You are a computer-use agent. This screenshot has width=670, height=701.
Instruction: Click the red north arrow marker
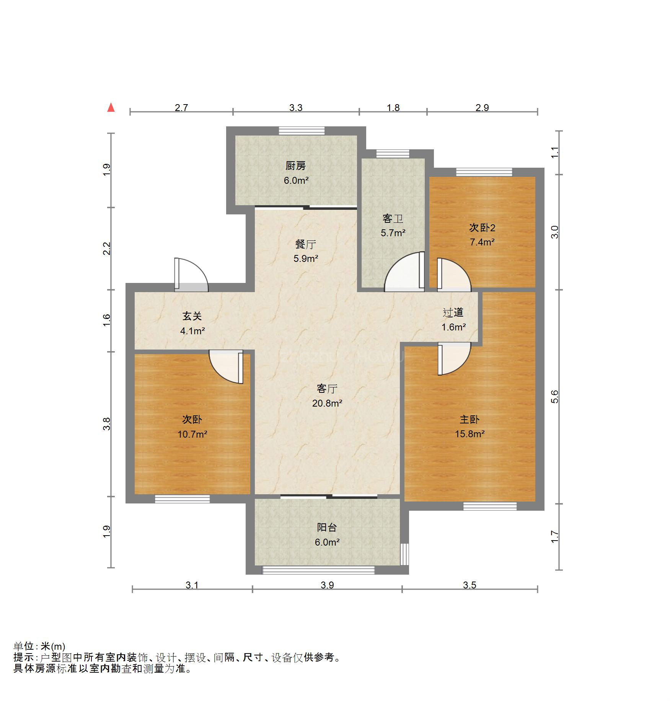[111, 108]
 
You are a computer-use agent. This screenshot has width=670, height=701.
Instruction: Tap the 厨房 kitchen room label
[295, 166]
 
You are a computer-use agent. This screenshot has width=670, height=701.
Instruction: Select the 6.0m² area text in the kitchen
[296, 180]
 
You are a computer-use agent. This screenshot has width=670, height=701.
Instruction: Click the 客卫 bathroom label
[393, 219]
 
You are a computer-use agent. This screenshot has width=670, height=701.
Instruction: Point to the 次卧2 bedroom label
[482, 228]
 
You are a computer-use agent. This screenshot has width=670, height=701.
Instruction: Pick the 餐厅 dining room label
[305, 244]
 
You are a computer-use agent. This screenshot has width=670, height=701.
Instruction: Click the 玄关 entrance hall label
[192, 316]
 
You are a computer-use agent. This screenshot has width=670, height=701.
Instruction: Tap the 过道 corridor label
[453, 312]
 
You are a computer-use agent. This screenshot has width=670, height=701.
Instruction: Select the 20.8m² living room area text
[327, 403]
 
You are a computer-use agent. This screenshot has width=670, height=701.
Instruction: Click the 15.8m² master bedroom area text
[469, 434]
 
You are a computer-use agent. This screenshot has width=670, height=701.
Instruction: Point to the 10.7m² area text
[192, 434]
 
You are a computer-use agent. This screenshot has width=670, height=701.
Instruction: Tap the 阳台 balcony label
[327, 527]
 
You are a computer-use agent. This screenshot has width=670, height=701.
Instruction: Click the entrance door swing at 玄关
[191, 275]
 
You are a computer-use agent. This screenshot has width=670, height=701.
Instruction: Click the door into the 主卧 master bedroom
[454, 359]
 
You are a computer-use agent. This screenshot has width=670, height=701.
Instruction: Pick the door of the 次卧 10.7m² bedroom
[226, 367]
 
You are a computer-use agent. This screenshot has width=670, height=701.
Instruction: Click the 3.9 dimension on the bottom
[327, 585]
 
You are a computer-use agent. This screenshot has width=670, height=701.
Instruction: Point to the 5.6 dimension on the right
[555, 397]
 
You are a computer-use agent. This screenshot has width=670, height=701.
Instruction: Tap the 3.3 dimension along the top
[296, 108]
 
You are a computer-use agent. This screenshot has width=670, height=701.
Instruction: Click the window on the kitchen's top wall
[302, 131]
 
